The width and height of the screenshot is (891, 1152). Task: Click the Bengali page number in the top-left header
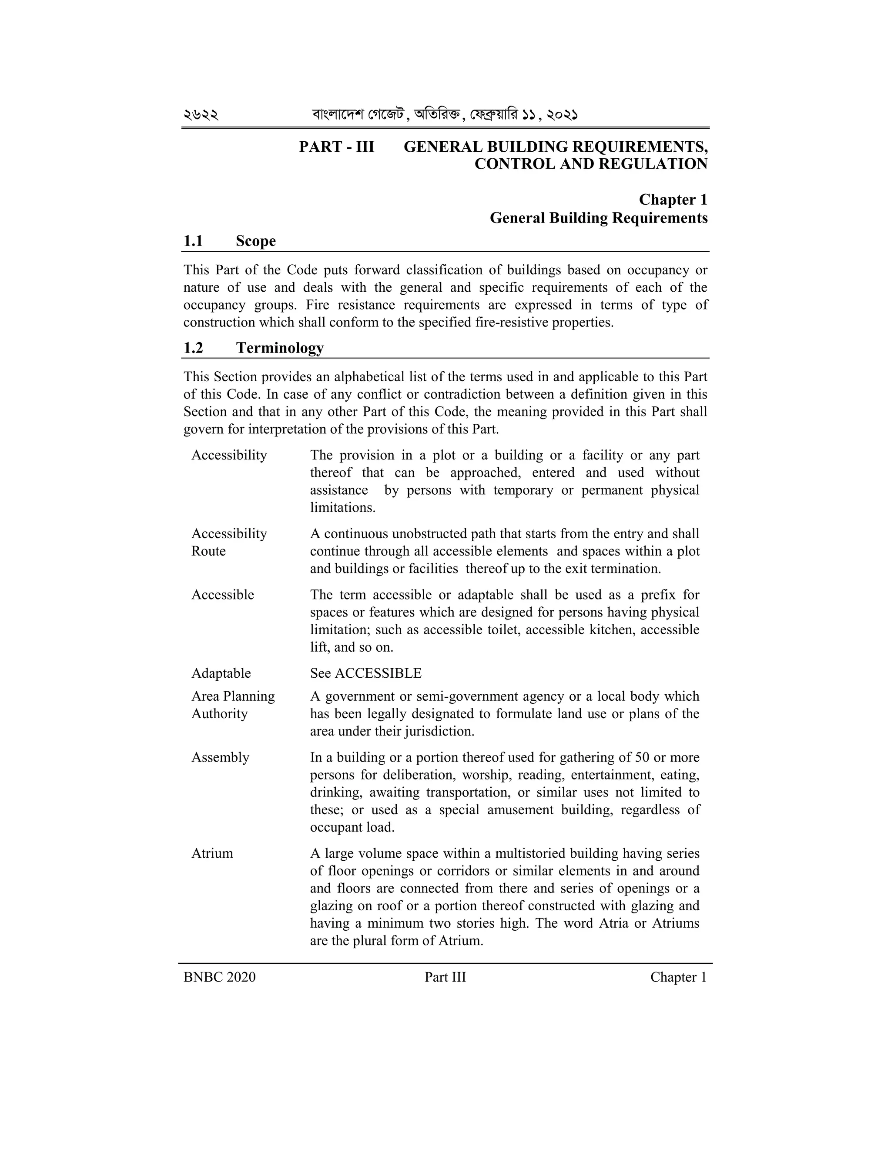pyautogui.click(x=201, y=114)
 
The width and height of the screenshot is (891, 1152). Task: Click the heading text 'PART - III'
pyautogui.click(x=336, y=146)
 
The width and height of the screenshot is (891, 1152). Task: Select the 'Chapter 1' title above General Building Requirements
pyautogui.click(x=673, y=200)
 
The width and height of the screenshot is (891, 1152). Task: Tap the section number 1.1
pyautogui.click(x=193, y=241)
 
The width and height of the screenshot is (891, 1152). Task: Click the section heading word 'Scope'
pyautogui.click(x=255, y=241)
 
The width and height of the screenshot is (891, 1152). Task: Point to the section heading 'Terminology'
pyautogui.click(x=280, y=348)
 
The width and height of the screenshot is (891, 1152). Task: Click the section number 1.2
pyautogui.click(x=193, y=348)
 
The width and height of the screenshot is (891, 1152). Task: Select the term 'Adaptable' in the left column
pyautogui.click(x=221, y=673)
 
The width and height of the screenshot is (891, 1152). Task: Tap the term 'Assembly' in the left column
pyautogui.click(x=220, y=757)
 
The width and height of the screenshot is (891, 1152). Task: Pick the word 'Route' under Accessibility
pyautogui.click(x=208, y=551)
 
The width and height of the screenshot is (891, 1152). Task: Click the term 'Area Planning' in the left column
pyautogui.click(x=233, y=696)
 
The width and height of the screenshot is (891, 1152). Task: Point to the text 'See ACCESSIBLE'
pyautogui.click(x=365, y=673)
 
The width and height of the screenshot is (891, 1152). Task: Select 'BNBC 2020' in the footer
pyautogui.click(x=219, y=977)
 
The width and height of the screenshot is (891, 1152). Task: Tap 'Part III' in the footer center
pyautogui.click(x=445, y=977)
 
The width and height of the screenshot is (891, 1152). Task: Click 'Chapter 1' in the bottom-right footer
pyautogui.click(x=678, y=977)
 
